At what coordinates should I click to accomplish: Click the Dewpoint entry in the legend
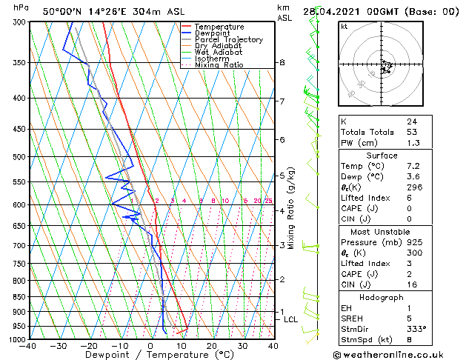click(212, 33)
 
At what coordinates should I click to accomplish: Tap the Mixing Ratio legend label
click(219, 65)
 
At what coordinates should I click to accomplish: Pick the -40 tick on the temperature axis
click(28, 346)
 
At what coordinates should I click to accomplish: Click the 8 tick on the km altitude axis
click(282, 63)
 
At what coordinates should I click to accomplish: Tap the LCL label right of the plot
click(290, 319)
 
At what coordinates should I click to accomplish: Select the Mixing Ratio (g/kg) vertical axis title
click(291, 208)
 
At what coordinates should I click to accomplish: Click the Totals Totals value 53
click(411, 132)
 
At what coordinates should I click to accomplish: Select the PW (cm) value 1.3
click(411, 143)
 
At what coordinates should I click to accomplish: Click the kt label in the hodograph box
click(344, 27)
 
